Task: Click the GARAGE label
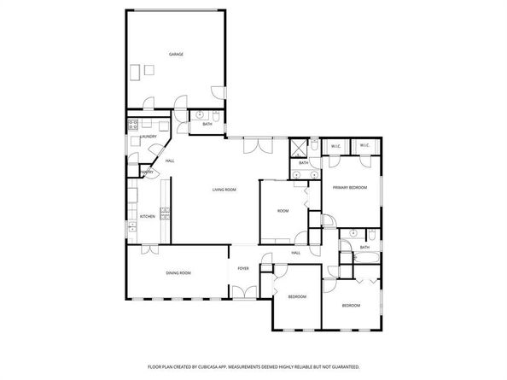click(175, 54)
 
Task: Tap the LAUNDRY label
click(148, 136)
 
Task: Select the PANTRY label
click(147, 172)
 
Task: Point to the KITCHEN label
click(147, 217)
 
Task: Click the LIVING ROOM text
click(224, 190)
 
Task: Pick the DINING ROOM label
click(178, 272)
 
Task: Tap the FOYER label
click(243, 267)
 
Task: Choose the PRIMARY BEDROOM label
click(350, 188)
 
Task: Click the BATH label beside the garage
click(207, 125)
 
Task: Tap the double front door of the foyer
click(243, 293)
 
